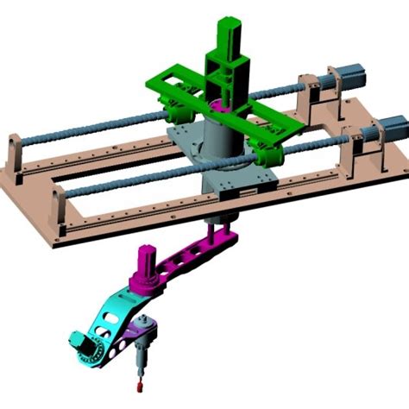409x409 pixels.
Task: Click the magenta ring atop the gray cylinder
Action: click(x=219, y=109)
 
